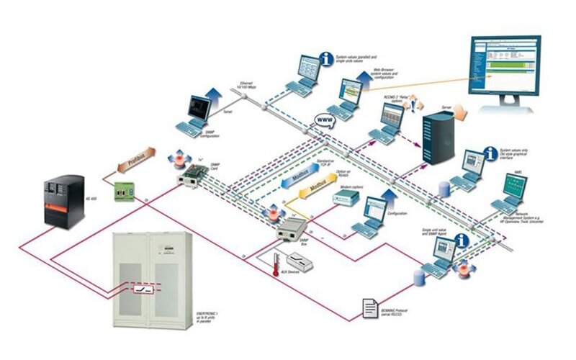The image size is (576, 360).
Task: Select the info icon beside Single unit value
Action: tap(462, 241)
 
